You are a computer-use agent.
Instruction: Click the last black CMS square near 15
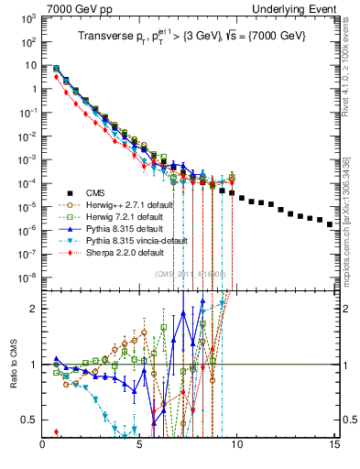330,249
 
